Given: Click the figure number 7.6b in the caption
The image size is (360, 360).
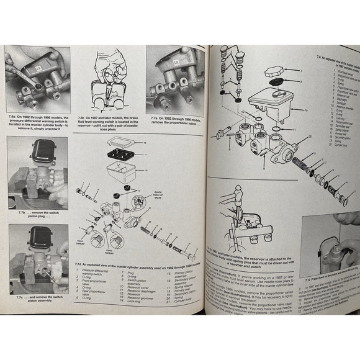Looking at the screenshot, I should click(x=81, y=117).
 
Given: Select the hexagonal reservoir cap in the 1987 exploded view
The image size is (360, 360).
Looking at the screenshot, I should click(x=273, y=72).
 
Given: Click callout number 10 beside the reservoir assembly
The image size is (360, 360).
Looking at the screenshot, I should click(x=306, y=110).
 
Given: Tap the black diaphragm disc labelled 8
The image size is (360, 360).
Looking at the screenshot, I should click(x=271, y=83).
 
